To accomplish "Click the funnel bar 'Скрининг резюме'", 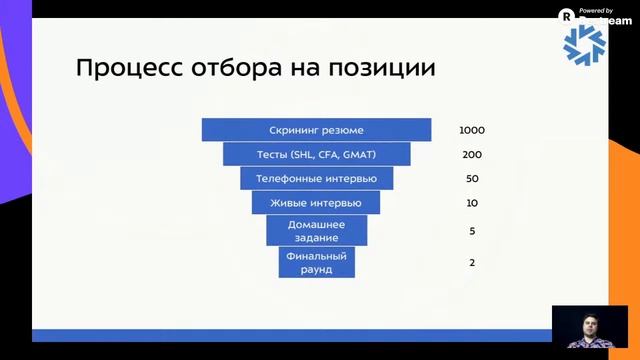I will (x=316, y=130).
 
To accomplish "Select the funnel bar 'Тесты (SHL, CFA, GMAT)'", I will (x=316, y=154).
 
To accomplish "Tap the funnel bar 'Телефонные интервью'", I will (x=316, y=178).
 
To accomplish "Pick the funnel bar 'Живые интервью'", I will (x=316, y=203).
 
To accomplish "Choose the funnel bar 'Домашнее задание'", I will (x=316, y=231).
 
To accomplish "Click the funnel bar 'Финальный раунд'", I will (x=316, y=262).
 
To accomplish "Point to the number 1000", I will (x=471, y=131).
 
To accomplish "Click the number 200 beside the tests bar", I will (x=471, y=155).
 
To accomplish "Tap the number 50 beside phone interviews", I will (x=471, y=179).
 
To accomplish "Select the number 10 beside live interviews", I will (x=471, y=203).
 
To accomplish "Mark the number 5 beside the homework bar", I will (x=471, y=231).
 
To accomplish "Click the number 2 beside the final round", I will (x=471, y=262).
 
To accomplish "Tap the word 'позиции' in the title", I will (x=385, y=69).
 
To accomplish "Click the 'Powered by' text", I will (x=595, y=10).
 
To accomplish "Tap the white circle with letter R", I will (x=567, y=16).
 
